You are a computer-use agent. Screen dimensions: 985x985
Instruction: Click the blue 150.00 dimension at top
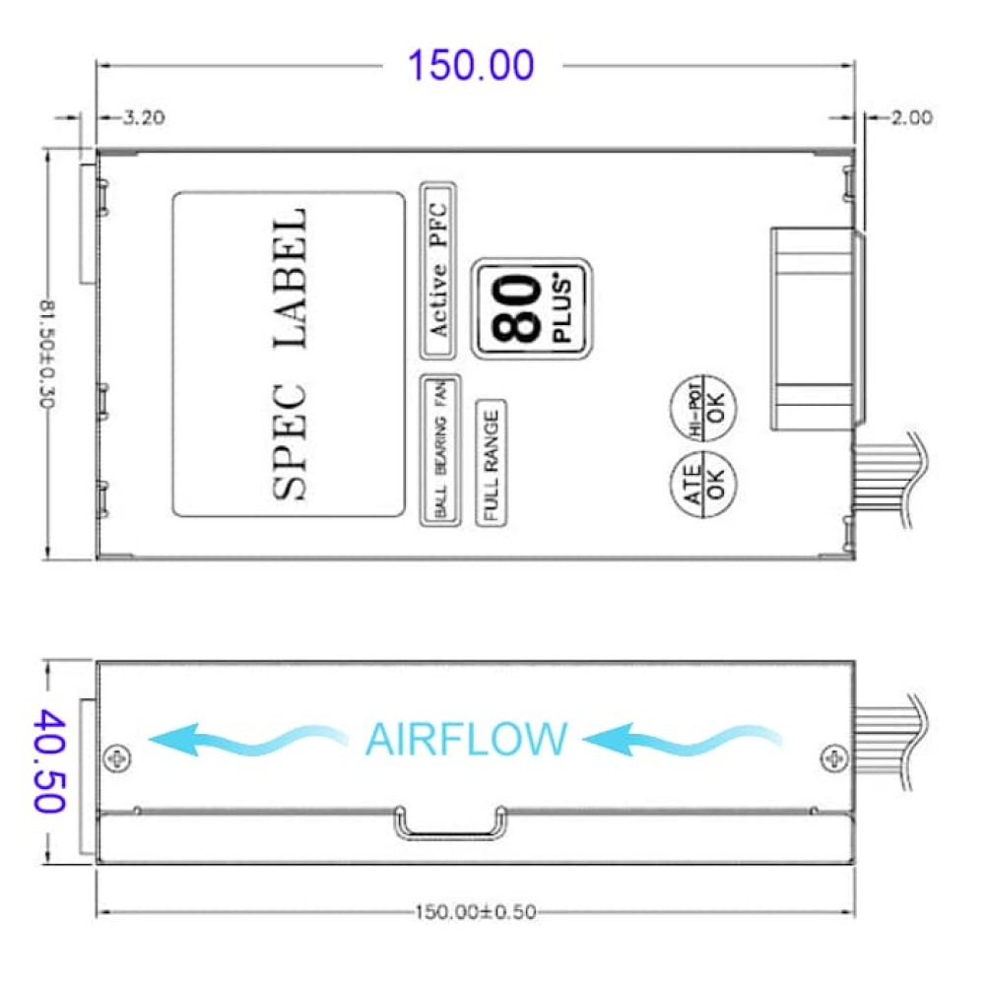[x=471, y=65]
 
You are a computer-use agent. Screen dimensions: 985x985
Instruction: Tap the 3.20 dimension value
[x=144, y=117]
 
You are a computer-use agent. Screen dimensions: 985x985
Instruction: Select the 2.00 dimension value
[x=911, y=117]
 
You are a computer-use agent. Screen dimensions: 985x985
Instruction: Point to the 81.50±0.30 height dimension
[x=47, y=354]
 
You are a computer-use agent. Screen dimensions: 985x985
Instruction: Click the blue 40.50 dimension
[x=49, y=760]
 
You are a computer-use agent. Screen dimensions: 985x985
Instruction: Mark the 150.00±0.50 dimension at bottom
[x=476, y=911]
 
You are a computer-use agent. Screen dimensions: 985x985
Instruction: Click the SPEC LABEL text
[x=290, y=354]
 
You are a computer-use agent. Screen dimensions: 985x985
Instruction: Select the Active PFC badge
[x=438, y=272]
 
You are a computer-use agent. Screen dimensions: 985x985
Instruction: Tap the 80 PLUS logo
[x=532, y=308]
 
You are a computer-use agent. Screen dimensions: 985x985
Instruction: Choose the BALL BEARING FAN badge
[x=439, y=450]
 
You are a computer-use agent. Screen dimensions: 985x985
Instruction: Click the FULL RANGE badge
[x=492, y=462]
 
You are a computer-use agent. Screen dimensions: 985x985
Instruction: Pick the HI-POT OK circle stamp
[x=703, y=408]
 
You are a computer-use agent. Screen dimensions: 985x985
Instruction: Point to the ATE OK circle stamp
[x=703, y=485]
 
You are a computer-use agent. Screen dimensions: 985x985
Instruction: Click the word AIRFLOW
[x=466, y=740]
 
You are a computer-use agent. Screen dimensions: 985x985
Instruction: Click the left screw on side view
[x=117, y=758]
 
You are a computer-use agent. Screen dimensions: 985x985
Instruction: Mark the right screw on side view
[x=834, y=758]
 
